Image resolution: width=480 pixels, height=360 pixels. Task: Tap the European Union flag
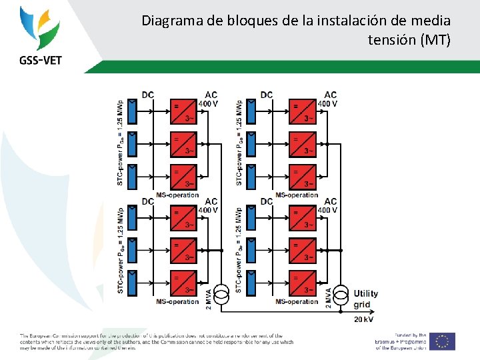coord(441,341)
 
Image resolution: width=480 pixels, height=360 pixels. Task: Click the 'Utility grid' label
coord(365,299)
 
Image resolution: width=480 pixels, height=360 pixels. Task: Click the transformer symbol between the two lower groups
coord(223,292)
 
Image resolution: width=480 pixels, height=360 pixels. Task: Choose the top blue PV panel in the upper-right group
coord(251,111)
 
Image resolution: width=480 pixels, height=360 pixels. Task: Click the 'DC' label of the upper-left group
coord(147,95)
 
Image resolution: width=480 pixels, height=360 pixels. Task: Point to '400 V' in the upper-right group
coord(327,103)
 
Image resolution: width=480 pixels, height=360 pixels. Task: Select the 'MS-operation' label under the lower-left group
coord(177,301)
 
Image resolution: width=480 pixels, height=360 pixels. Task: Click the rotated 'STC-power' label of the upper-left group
coord(120,143)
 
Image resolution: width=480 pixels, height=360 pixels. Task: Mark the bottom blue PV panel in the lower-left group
coord(131,283)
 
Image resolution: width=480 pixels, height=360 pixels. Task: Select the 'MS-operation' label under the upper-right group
coord(297,195)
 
